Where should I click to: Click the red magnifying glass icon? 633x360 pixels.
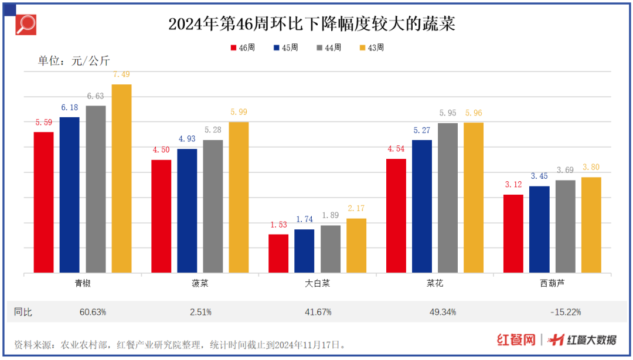pos(25,23)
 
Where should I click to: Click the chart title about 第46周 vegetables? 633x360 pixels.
pos(311,24)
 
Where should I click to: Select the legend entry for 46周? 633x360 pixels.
pos(243,47)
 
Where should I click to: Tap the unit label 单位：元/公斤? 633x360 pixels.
pos(74,61)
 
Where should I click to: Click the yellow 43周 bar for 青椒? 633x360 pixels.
pos(121,178)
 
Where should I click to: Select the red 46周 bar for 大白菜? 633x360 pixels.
pos(278,253)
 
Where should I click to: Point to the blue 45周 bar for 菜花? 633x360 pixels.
pos(422,206)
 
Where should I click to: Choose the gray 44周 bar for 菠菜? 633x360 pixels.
pos(213,206)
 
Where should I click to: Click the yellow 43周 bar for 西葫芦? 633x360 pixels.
pos(591,225)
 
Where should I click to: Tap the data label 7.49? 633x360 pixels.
pos(121,74)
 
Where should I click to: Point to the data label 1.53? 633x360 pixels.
pos(278,225)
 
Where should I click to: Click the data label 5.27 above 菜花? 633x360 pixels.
pos(422,130)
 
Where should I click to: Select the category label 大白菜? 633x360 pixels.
pos(317,283)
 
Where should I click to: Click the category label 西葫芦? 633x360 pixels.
pos(552,283)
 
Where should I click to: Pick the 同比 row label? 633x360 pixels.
pos(23,312)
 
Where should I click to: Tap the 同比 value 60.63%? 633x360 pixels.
pos(93,312)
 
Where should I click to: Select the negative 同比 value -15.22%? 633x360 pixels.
pos(566,312)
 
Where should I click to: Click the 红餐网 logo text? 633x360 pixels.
pos(516,340)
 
